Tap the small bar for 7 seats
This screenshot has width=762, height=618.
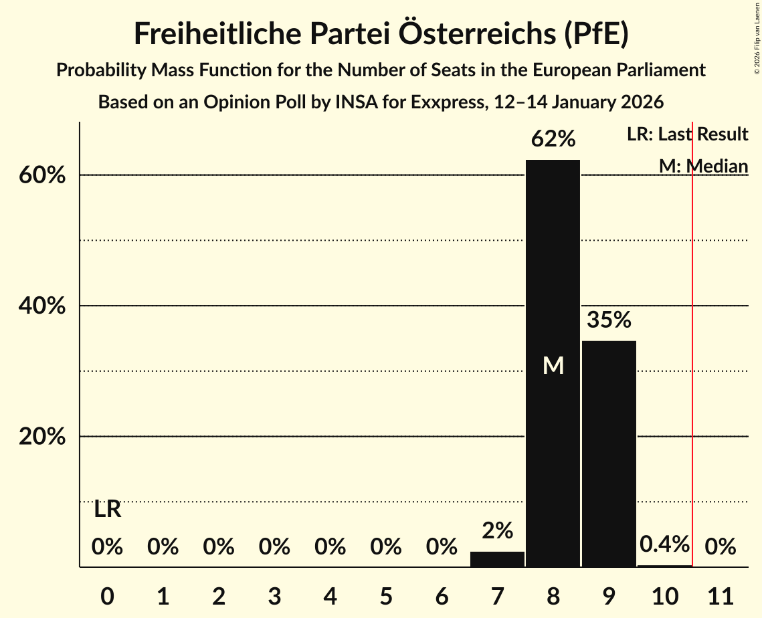(497, 559)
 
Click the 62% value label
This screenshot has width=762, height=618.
(553, 139)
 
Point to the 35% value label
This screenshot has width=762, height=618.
(609, 320)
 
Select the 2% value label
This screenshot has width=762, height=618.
(497, 531)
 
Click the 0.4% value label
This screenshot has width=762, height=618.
(664, 544)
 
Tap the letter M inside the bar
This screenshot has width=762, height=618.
(553, 365)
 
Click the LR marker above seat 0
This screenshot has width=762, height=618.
(107, 510)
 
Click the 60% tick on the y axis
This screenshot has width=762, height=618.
(45, 175)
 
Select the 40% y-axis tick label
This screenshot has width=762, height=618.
(45, 306)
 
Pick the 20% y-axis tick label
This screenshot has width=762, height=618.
(45, 437)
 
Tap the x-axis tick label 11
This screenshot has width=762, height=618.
(720, 595)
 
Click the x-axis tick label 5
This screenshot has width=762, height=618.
(385, 595)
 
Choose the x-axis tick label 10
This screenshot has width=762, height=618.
(664, 595)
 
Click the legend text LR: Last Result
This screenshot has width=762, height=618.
(687, 134)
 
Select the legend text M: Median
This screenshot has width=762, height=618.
(703, 166)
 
